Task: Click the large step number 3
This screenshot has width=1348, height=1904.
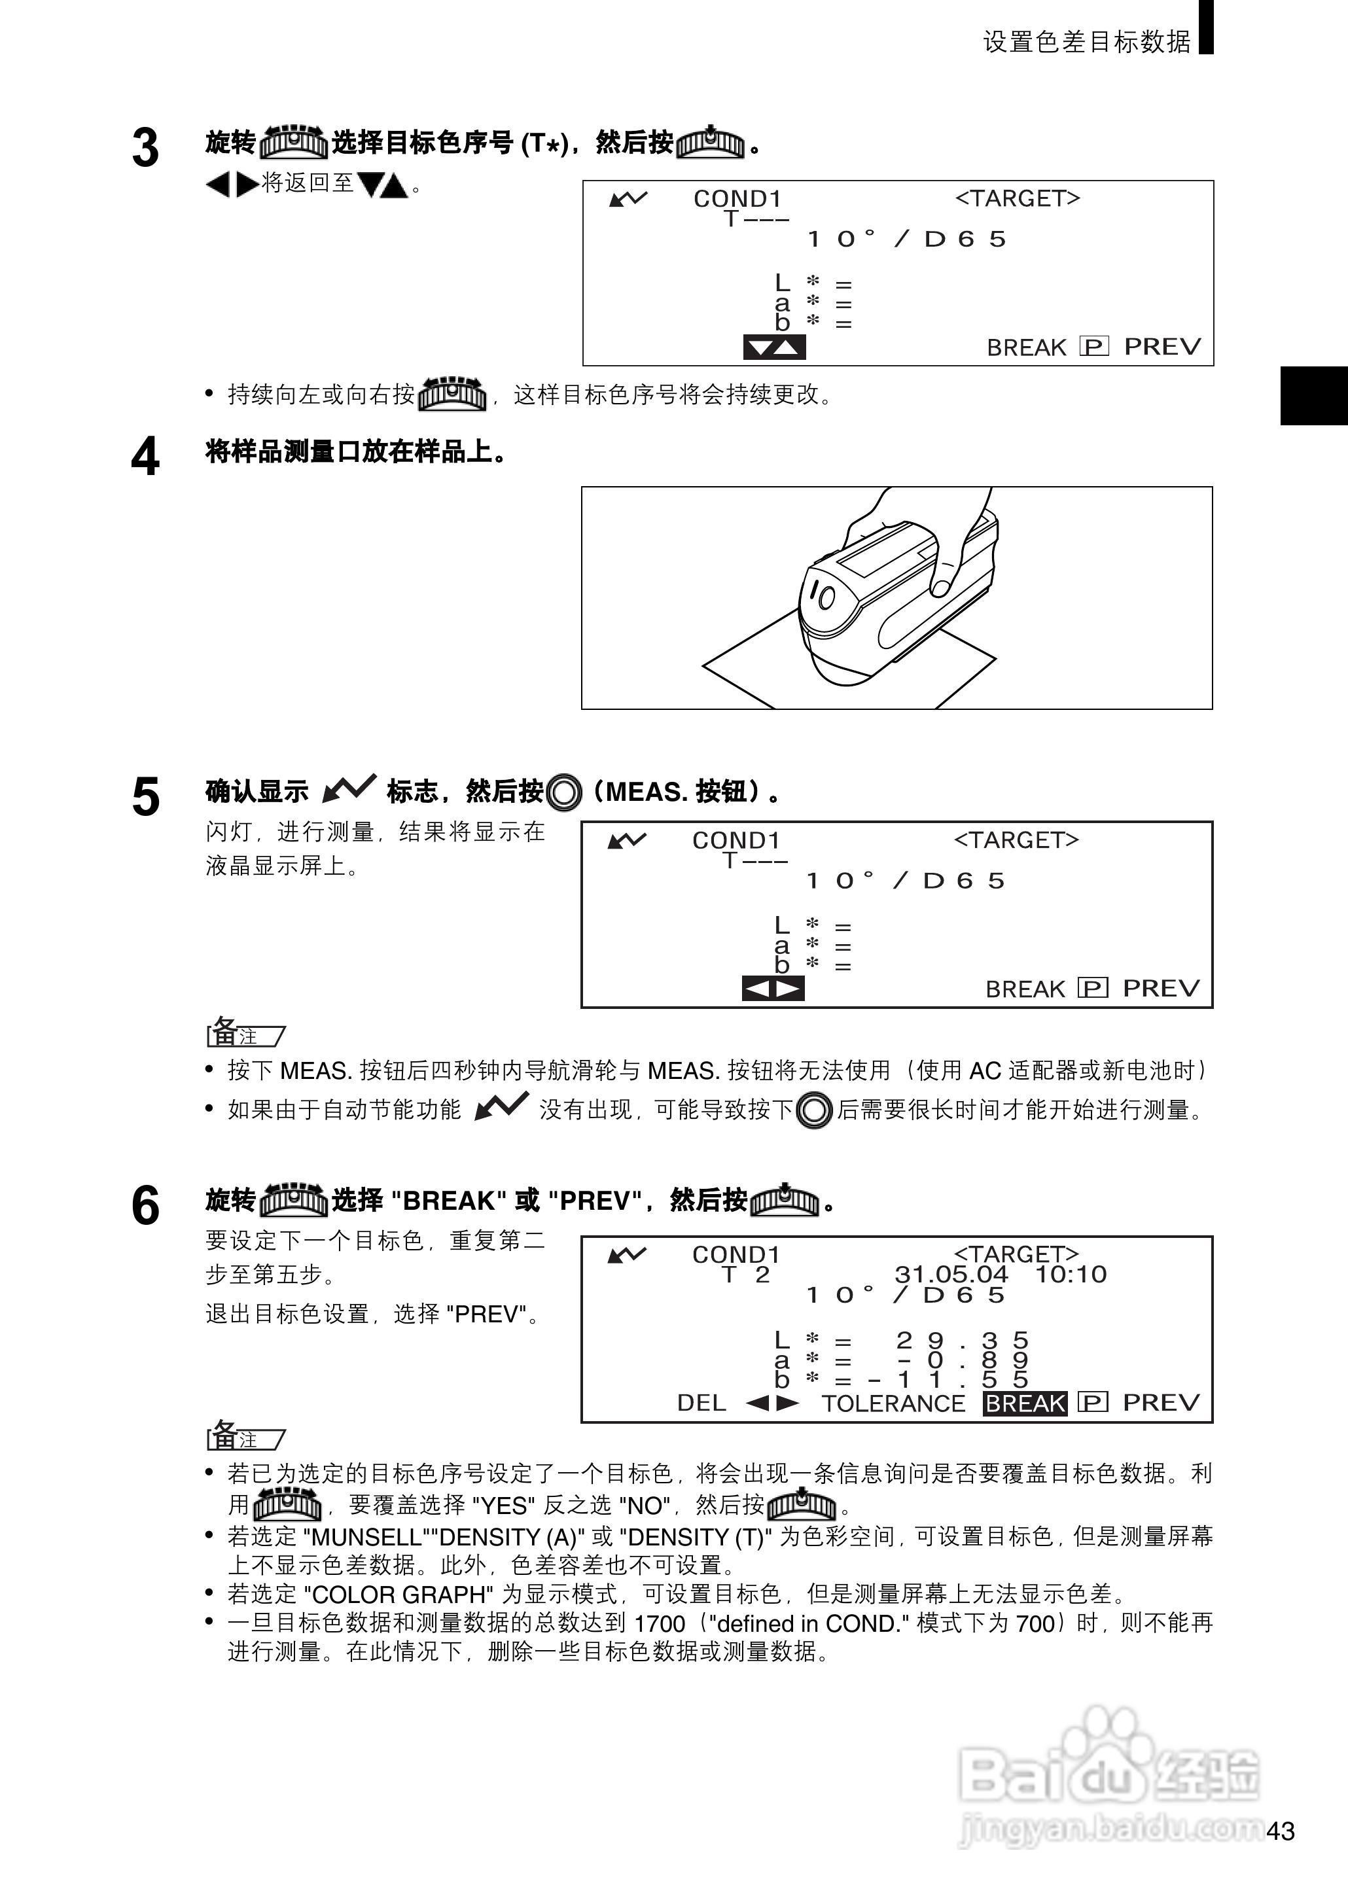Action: (145, 149)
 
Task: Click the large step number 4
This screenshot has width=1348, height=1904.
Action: (145, 457)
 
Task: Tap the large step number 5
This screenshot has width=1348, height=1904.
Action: (145, 798)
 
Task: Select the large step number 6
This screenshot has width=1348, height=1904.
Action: (145, 1206)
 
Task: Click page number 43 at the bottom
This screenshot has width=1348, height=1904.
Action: (1281, 1831)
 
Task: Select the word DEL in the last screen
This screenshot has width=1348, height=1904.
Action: (701, 1403)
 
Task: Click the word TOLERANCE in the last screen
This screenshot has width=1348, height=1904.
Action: (893, 1403)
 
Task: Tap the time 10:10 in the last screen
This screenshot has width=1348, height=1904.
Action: (1071, 1275)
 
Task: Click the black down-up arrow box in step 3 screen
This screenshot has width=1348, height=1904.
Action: (773, 347)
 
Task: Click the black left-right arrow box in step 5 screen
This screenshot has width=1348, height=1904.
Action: (773, 989)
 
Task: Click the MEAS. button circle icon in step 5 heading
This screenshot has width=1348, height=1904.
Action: (565, 792)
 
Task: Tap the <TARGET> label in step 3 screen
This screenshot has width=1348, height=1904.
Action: (1018, 198)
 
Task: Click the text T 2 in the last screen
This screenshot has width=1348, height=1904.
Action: (745, 1275)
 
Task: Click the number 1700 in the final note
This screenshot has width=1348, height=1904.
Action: (659, 1623)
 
